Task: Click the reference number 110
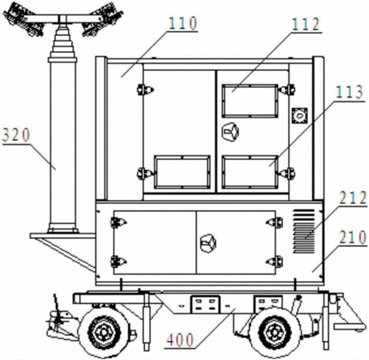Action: point(183,23)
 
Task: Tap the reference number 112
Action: point(306,25)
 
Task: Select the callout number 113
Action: point(350,92)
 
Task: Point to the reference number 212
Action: point(353,198)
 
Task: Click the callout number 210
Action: point(353,237)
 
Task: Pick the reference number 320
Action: point(16,135)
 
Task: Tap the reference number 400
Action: point(179,340)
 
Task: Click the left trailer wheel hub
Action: point(103,333)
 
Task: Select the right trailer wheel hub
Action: point(275,332)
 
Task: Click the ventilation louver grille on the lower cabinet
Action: point(304,231)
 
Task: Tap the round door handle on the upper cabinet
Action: point(231,132)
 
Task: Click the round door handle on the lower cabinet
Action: point(208,243)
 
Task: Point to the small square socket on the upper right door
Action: point(299,116)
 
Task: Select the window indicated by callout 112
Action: point(250,101)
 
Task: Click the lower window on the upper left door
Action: point(182,172)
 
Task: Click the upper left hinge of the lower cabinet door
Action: point(118,222)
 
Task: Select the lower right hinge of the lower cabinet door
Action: point(275,262)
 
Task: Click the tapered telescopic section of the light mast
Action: point(62,42)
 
